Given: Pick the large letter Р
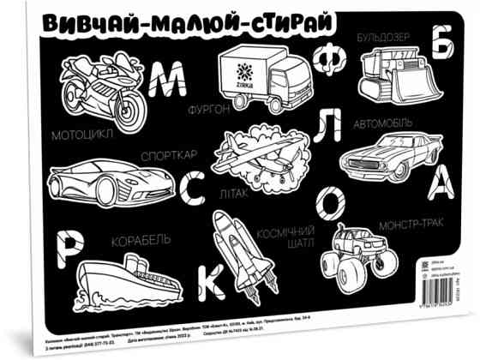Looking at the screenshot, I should coord(69,245).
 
